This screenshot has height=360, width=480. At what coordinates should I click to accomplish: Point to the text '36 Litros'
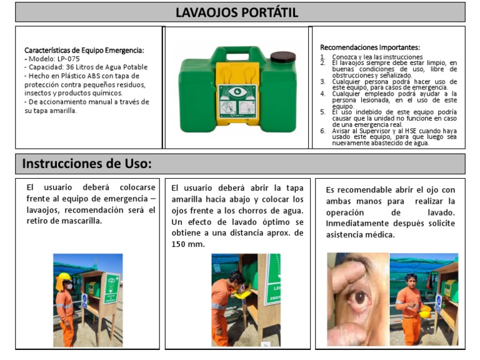tap(82, 67)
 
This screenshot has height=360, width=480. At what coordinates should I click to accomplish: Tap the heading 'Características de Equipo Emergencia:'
tap(84, 50)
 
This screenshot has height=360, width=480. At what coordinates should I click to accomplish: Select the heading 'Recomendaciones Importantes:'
tap(369, 47)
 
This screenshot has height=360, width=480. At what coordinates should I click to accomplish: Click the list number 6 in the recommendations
tap(322, 131)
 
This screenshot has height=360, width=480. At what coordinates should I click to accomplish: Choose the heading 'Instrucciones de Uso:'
tap(87, 164)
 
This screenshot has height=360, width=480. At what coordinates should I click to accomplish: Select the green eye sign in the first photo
tap(110, 285)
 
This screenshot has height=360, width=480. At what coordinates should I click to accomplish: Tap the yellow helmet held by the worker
tap(425, 311)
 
